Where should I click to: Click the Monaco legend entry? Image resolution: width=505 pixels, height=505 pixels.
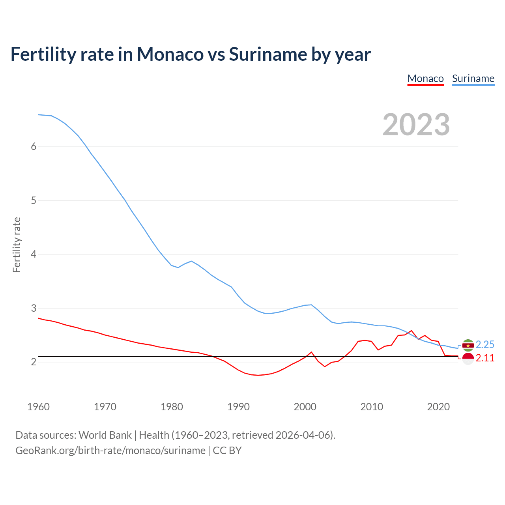coord(425,79)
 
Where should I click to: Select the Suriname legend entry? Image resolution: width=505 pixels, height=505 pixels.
coord(473,79)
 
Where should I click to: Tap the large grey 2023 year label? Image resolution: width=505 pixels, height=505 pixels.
coord(416,125)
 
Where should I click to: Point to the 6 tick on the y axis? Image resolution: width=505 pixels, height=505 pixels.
coord(34,147)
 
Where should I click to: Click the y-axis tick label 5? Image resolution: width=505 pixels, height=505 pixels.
coord(34,200)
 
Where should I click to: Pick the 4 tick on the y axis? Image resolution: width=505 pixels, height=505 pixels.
coord(34,254)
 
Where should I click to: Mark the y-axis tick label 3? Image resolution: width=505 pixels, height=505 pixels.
coord(34,308)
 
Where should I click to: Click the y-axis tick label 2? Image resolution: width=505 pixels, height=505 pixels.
coord(34,362)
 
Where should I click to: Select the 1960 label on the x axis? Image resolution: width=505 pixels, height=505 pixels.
coord(38,407)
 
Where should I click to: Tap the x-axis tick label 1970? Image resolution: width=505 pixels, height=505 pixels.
coord(105,407)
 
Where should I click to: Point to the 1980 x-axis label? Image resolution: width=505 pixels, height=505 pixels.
coord(172,407)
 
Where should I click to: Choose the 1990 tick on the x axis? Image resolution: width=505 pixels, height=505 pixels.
coord(238,407)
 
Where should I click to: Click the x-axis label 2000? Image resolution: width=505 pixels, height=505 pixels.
coord(305,407)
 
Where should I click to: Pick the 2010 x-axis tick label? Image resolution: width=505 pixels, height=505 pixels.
coord(372,407)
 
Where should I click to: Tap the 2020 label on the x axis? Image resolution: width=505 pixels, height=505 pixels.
coord(438,407)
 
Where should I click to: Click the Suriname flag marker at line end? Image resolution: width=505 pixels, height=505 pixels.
coord(468,345)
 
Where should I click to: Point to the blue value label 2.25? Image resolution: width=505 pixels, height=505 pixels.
coord(485,345)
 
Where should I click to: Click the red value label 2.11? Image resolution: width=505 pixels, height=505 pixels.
coord(485,358)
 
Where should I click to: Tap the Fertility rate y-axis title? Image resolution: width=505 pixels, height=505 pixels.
coord(17,245)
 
